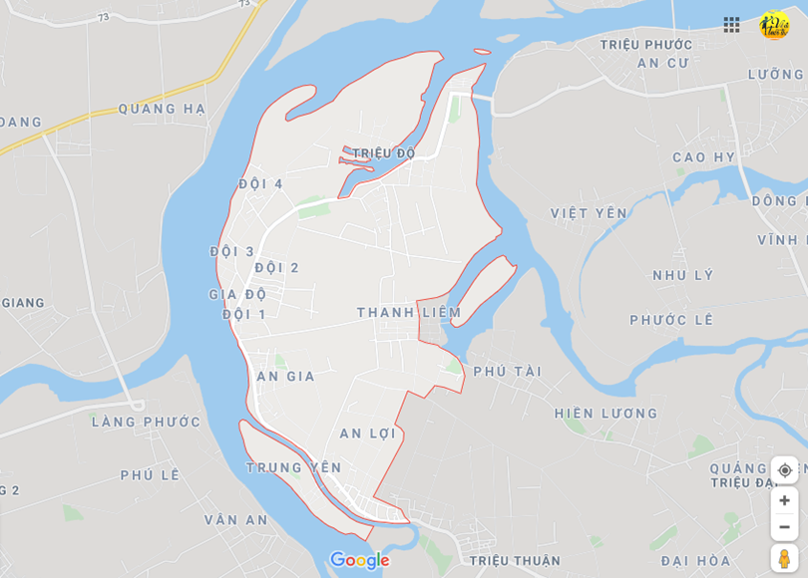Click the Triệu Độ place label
coord(383,153)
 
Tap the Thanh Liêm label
coord(409,312)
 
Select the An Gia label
coord(286,376)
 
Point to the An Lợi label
coord(368,433)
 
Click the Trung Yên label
coord(294,467)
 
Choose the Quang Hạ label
coord(162,109)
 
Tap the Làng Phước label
coord(147,422)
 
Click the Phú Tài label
coord(508,371)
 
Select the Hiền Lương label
coord(606,413)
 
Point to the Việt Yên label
coord(590,213)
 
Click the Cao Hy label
coord(704,157)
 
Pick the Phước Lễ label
coord(672,320)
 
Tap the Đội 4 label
coord(261,183)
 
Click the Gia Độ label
coord(237,294)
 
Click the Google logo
coord(359,560)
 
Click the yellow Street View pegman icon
coord(784,558)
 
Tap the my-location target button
coord(784,470)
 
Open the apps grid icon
coord(731,25)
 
